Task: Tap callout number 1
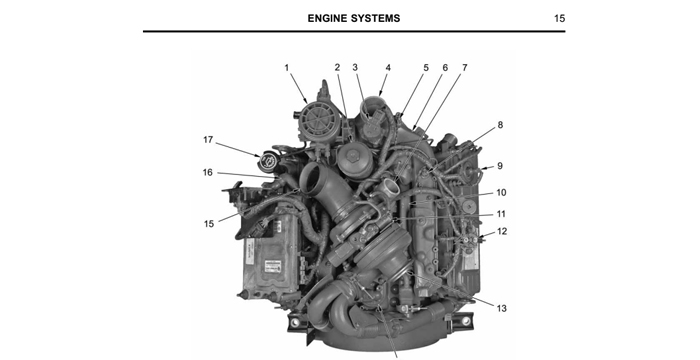tap(286, 68)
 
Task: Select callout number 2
tap(338, 68)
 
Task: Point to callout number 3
tap(355, 68)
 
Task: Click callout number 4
tap(388, 68)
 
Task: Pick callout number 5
tap(426, 68)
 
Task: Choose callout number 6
tap(445, 68)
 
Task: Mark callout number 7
tap(464, 68)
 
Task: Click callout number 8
tap(500, 125)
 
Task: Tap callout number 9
tap(500, 165)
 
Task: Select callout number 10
tap(501, 192)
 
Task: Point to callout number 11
tap(501, 214)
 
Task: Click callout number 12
tap(501, 232)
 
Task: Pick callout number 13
tap(501, 307)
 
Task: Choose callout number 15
tap(210, 223)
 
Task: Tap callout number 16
tap(208, 172)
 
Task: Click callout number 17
tap(208, 139)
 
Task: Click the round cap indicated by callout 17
tap(271, 160)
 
